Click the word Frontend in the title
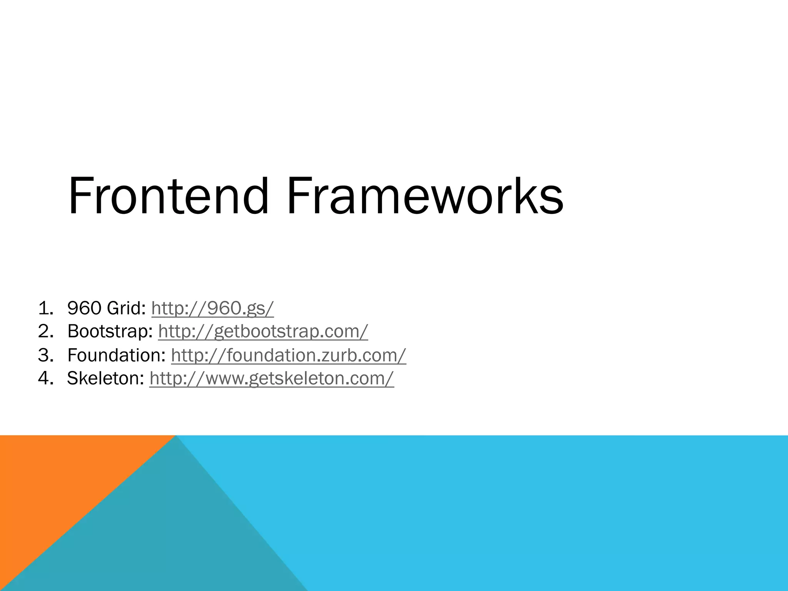[x=168, y=196]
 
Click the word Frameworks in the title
[x=424, y=196]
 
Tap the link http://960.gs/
[x=212, y=308]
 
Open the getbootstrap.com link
[x=263, y=331]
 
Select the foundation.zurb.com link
[x=288, y=355]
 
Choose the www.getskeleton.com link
[x=272, y=378]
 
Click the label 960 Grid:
[x=106, y=308]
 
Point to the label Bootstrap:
[x=110, y=331]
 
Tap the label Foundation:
[x=116, y=355]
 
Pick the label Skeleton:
[x=105, y=378]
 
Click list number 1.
[x=45, y=309]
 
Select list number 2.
[x=45, y=332]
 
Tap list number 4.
[x=45, y=379]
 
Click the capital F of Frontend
[x=79, y=196]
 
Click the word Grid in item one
[x=125, y=308]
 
